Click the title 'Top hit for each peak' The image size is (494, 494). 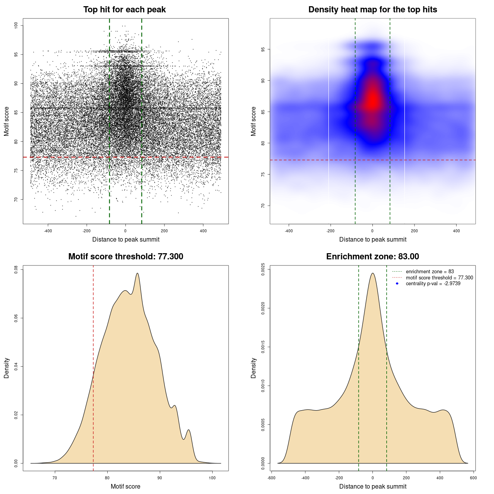[x=124, y=10]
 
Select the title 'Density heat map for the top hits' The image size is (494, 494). [x=372, y=10]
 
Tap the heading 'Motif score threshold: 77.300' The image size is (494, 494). [x=125, y=257]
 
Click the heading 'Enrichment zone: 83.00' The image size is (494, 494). [x=372, y=257]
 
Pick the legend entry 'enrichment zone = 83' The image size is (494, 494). [x=430, y=272]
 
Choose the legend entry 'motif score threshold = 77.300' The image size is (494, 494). [x=439, y=277]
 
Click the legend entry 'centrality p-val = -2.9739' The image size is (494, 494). [x=433, y=284]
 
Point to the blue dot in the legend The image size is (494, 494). [x=397, y=284]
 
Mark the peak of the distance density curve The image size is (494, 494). [x=372, y=273]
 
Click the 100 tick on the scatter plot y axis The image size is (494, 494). [x=16, y=25]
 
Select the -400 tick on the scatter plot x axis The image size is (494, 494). [x=48, y=231]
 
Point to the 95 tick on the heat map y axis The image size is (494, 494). [x=263, y=49]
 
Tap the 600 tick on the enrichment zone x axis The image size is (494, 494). [x=473, y=478]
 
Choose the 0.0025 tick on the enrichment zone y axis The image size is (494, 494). [x=263, y=267]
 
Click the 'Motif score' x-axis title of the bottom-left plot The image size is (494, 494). [x=125, y=486]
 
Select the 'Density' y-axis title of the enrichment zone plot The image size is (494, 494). [x=254, y=368]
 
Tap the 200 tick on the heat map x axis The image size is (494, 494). [x=414, y=231]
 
